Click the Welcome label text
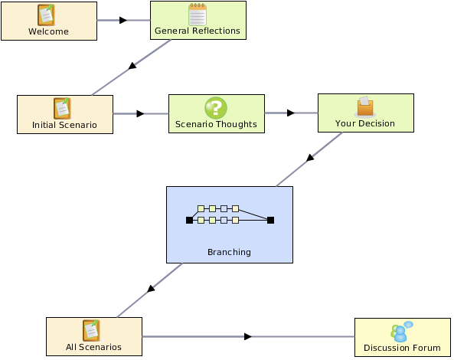(48, 31)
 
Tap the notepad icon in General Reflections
(198, 15)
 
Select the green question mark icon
(216, 108)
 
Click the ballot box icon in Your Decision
(365, 107)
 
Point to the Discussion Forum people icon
(402, 332)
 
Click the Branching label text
(229, 252)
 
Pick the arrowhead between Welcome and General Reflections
(123, 20)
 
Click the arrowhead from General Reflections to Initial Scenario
(132, 66)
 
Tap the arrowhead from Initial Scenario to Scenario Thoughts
(140, 113)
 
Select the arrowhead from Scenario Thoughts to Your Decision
(291, 113)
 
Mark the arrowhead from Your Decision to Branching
(310, 158)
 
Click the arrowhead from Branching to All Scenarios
(151, 289)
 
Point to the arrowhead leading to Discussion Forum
(248, 336)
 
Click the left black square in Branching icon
(189, 221)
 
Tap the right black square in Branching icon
(270, 221)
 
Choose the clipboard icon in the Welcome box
(47, 15)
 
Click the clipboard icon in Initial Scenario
(62, 109)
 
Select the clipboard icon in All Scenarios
(92, 331)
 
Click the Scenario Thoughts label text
(216, 124)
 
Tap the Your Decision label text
(365, 123)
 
